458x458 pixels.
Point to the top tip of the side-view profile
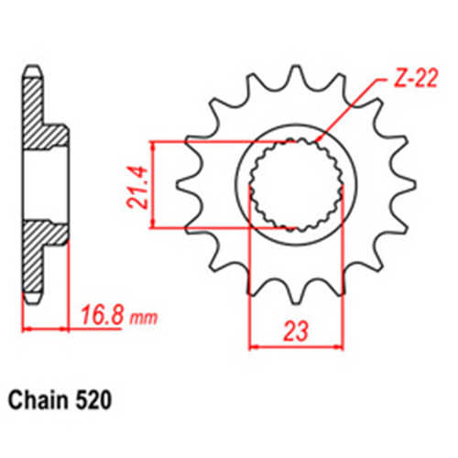click(x=29, y=74)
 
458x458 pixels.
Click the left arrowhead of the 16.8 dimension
click(x=25, y=327)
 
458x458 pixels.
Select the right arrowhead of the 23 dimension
click(x=340, y=345)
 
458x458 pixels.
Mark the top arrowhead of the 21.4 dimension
click(x=155, y=145)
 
